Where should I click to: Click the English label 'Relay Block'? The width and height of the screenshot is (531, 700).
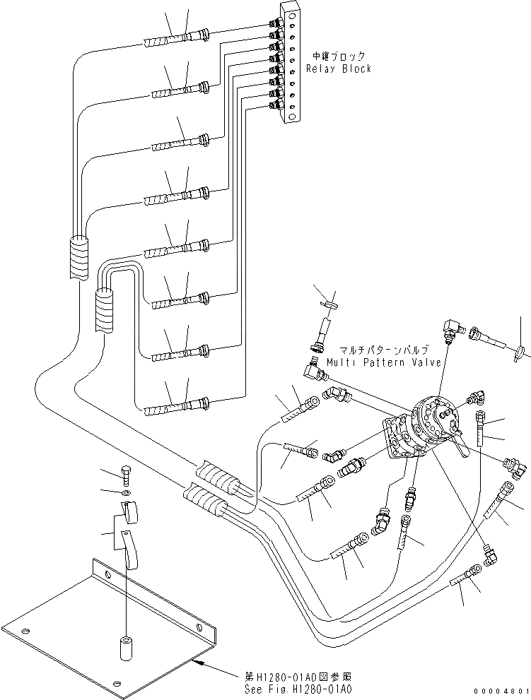tap(338, 69)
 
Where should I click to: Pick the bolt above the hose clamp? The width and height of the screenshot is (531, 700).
tap(125, 473)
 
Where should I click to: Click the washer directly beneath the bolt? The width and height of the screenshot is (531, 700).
tap(125, 492)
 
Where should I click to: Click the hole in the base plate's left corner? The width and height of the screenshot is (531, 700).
tap(26, 631)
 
